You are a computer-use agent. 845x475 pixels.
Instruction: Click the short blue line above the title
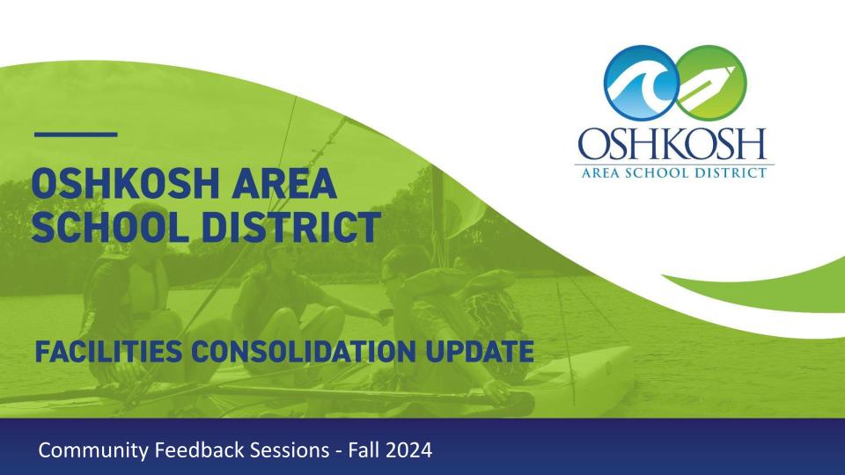point(77,135)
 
